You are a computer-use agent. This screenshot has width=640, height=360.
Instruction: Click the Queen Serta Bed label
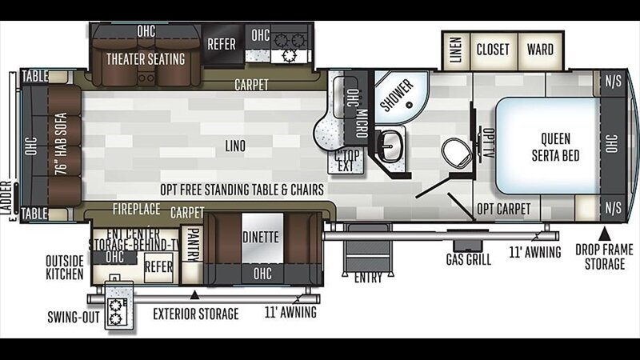(x=555, y=147)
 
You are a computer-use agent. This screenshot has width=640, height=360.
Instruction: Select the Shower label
(x=397, y=95)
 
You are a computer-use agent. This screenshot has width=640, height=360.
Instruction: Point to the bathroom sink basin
(x=390, y=146)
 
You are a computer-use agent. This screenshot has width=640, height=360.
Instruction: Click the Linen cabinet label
(x=455, y=50)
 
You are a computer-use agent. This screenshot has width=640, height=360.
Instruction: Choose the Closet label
(x=493, y=50)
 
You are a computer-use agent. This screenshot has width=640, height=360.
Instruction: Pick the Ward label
(x=540, y=50)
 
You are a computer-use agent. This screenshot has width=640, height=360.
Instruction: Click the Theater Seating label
(x=146, y=59)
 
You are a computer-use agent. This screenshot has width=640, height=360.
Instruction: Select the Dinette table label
(x=261, y=237)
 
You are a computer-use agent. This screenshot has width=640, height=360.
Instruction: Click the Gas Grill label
(x=469, y=259)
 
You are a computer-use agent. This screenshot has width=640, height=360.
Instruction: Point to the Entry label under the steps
(x=368, y=278)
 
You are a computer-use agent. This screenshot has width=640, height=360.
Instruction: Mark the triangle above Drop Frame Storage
(x=605, y=234)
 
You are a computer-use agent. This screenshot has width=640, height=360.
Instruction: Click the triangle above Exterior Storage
(x=194, y=294)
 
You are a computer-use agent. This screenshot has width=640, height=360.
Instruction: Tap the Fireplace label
(x=136, y=210)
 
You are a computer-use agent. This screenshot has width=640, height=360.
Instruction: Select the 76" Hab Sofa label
(x=61, y=144)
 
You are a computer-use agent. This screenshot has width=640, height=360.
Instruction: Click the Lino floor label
(x=235, y=146)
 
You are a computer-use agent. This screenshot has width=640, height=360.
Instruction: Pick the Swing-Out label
(x=74, y=317)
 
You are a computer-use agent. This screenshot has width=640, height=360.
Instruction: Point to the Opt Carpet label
(x=504, y=209)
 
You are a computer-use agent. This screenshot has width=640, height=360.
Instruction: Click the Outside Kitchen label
(x=65, y=268)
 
